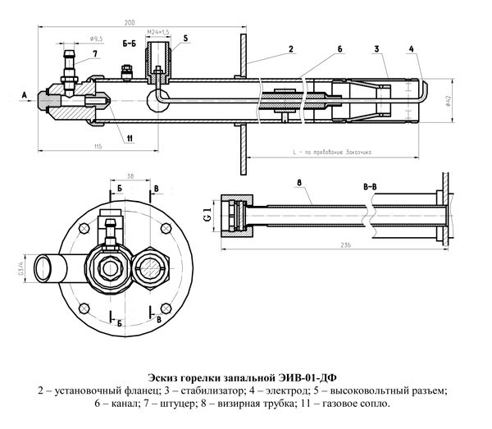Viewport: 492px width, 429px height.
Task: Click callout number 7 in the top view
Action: click(x=95, y=54)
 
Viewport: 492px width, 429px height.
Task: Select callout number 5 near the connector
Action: click(x=185, y=38)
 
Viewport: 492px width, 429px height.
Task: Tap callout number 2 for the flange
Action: click(x=291, y=50)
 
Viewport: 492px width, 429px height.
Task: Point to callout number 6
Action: click(x=338, y=50)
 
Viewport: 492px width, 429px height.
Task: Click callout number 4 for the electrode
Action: click(x=410, y=50)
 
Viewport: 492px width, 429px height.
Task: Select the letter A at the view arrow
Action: click(x=25, y=96)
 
